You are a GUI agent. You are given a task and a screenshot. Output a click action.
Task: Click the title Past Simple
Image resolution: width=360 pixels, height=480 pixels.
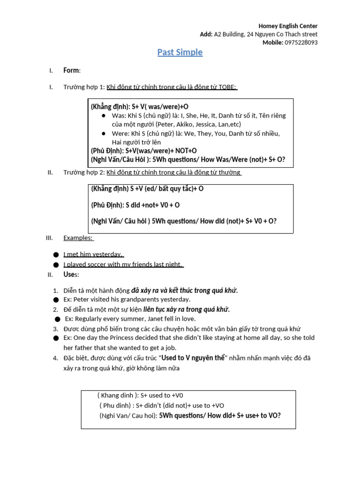coord(180,52)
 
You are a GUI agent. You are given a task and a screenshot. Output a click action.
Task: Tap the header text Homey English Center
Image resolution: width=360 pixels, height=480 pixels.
coord(288,26)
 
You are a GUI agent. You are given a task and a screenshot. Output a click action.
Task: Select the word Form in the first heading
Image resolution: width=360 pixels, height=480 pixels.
coord(71,71)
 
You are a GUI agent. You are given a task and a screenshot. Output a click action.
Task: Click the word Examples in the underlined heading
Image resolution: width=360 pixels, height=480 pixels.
coord(77,238)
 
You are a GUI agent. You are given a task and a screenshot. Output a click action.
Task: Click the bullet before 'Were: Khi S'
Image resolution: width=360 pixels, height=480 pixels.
coord(104,134)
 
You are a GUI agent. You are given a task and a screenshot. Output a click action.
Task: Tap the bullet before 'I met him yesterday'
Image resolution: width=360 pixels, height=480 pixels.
coord(56,255)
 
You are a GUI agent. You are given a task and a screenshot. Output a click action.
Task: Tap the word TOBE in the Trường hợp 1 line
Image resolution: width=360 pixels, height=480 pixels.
coord(227,87)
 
